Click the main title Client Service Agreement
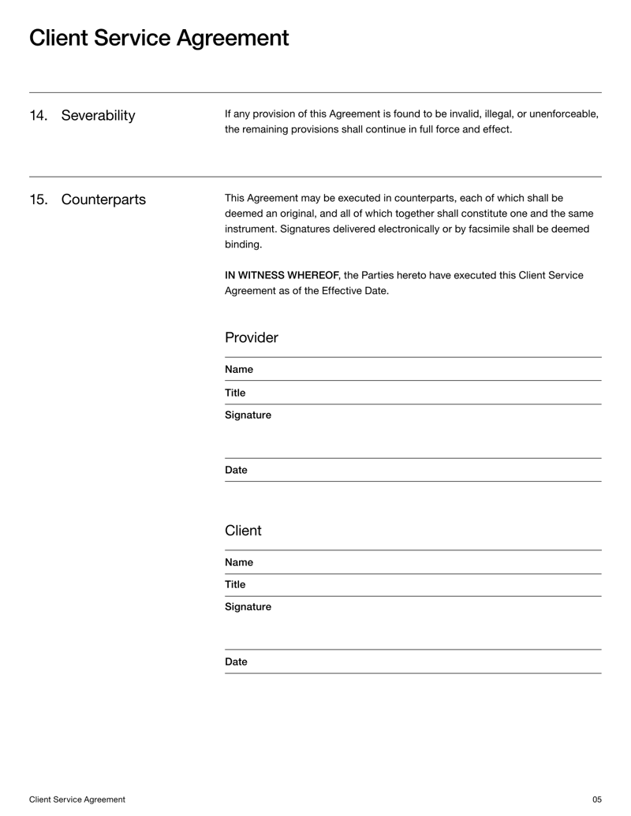tap(159, 38)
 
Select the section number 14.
tap(38, 116)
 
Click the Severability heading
tap(98, 116)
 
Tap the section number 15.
tap(38, 199)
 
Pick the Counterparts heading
tap(103, 199)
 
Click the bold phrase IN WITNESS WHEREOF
tap(282, 275)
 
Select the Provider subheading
tap(251, 337)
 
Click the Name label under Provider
tap(238, 369)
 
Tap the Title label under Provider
tap(234, 393)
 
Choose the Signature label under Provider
tap(248, 415)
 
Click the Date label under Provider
tap(236, 470)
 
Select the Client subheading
tap(242, 531)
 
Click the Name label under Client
tap(238, 562)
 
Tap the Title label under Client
tap(234, 584)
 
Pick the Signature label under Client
tap(248, 607)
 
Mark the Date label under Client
tap(236, 661)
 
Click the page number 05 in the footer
tap(596, 799)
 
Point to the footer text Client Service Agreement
tap(77, 799)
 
